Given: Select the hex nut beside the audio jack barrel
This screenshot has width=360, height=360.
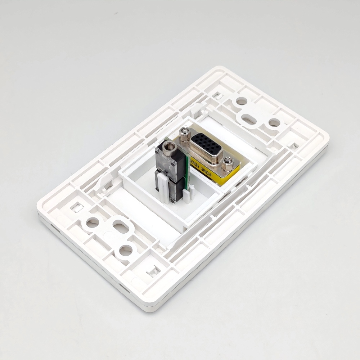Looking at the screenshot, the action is click(185, 135).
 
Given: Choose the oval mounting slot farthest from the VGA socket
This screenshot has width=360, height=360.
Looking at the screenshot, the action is click(121, 226).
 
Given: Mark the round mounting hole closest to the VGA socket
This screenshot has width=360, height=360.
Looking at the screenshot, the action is click(241, 101).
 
